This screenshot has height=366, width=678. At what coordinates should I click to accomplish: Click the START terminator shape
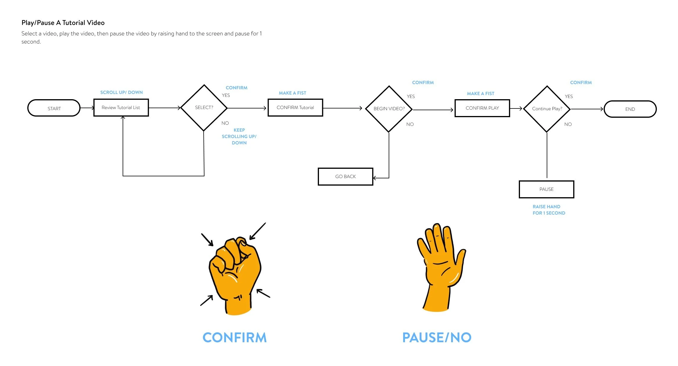point(54,108)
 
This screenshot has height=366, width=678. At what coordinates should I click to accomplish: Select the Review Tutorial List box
point(121,108)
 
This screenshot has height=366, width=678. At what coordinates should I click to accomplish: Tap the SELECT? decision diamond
point(204,108)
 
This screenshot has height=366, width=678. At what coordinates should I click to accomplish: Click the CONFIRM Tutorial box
point(295,108)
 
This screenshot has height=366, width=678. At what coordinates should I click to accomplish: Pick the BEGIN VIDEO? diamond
point(389,109)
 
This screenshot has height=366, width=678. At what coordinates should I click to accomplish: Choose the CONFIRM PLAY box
point(482,108)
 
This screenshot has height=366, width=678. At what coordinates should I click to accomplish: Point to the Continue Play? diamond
point(547,109)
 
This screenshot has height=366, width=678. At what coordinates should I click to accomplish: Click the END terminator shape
point(630,109)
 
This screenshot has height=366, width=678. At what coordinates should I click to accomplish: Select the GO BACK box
point(345,176)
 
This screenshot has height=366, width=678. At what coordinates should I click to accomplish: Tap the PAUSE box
point(546,189)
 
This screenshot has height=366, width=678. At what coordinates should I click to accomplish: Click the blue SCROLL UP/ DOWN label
point(121,93)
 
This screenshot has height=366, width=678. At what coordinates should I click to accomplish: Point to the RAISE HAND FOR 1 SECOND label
point(548,210)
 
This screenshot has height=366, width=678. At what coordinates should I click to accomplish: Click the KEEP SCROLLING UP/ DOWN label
point(239,136)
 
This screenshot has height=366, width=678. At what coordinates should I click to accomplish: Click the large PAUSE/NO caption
point(437,337)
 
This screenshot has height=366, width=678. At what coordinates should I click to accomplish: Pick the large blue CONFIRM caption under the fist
point(234,337)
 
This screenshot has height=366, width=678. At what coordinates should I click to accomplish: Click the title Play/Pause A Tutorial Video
point(63,23)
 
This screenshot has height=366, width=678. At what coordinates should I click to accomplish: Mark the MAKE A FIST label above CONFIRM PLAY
point(480,93)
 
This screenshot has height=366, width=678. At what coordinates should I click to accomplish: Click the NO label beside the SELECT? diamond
point(225,123)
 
